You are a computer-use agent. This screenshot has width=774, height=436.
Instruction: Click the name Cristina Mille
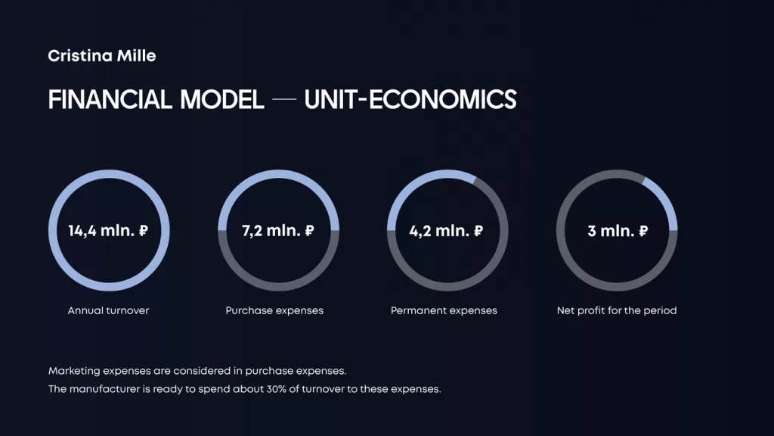[102, 56]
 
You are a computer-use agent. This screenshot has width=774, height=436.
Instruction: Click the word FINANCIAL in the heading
[110, 99]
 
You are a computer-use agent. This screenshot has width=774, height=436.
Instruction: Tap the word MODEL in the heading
[221, 99]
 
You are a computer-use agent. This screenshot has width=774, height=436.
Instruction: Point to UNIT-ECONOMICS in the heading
[410, 99]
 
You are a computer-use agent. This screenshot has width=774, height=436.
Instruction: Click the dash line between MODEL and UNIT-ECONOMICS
[284, 99]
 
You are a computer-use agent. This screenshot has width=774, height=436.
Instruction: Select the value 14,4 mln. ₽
[108, 231]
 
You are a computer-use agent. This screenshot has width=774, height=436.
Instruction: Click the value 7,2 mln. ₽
[278, 231]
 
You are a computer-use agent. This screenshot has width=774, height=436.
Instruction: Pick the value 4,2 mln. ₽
[446, 231]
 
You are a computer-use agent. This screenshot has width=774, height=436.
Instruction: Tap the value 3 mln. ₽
[618, 231]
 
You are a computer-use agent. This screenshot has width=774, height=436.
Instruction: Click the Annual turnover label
[108, 310]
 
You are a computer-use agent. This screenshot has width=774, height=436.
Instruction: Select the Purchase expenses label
[274, 310]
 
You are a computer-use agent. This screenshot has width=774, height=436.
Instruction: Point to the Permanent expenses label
[444, 310]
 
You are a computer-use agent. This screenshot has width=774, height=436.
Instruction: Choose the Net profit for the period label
[617, 310]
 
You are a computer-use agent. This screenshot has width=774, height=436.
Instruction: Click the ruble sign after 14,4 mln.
[143, 231]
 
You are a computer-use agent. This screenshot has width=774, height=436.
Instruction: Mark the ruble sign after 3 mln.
[643, 231]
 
